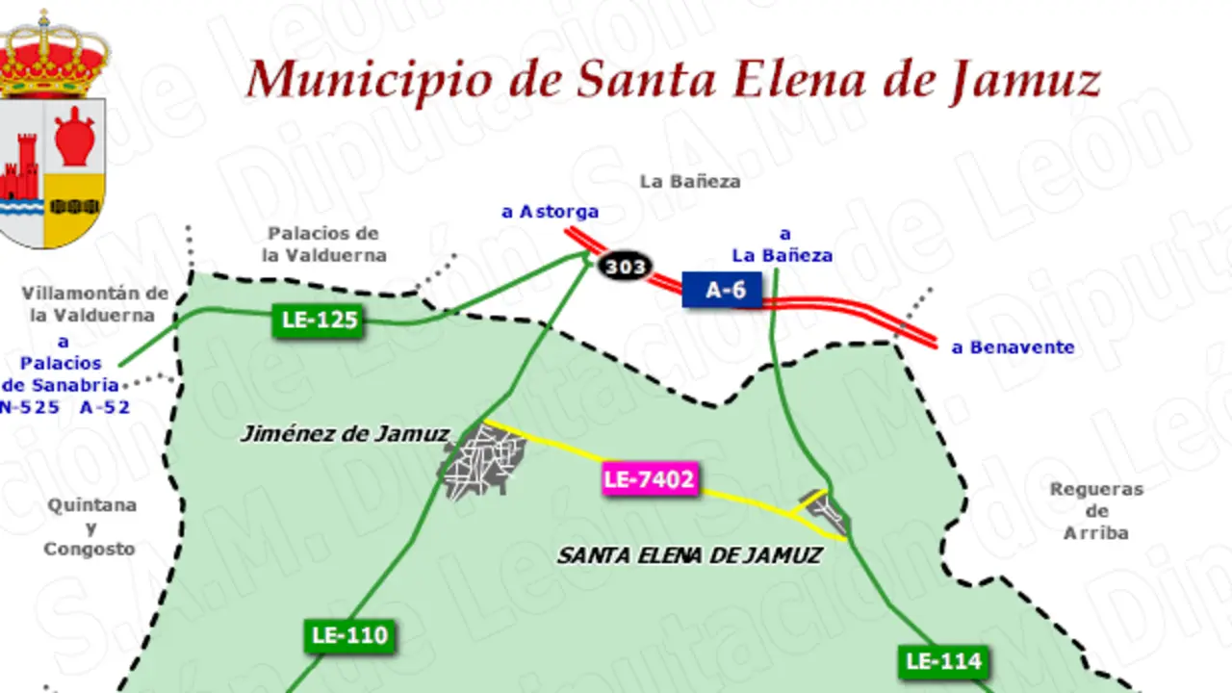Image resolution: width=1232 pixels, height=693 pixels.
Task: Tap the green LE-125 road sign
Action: [x=319, y=321]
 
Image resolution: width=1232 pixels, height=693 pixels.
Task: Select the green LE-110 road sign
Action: [x=349, y=636]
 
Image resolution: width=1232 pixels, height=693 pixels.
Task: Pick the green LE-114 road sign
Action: [x=943, y=661]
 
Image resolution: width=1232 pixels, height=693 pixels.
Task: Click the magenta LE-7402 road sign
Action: [x=650, y=479]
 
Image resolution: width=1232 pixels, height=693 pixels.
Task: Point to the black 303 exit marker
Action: [x=625, y=267]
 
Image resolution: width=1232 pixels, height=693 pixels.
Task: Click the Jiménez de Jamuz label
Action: [x=344, y=434]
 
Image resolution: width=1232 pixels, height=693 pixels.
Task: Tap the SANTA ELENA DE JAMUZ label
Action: [x=689, y=555]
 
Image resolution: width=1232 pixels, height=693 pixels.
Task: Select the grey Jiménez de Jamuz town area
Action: [x=482, y=461]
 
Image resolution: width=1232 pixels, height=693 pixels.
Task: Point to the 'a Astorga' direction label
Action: [x=550, y=212]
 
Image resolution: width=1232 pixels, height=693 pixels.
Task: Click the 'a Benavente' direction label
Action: [x=1013, y=347]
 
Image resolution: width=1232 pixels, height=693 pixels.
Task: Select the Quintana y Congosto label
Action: [x=90, y=526]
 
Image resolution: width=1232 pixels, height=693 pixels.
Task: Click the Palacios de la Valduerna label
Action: [x=324, y=244]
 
